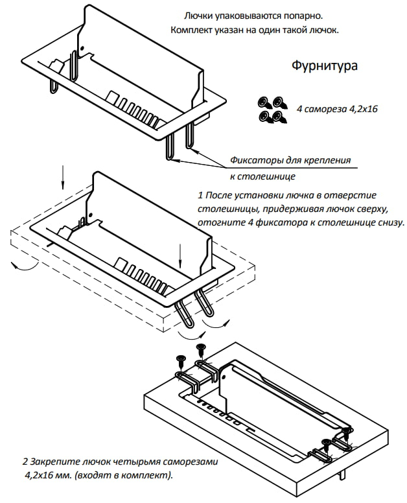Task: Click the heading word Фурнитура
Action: point(324,65)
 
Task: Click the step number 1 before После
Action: point(200,195)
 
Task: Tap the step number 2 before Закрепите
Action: point(25,462)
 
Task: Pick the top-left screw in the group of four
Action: point(264,102)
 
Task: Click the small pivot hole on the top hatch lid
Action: point(82,49)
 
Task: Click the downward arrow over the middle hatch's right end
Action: point(180,256)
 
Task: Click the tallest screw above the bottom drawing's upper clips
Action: point(201,350)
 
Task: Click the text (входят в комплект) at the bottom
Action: point(124,474)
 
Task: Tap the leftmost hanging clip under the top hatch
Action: point(53,86)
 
